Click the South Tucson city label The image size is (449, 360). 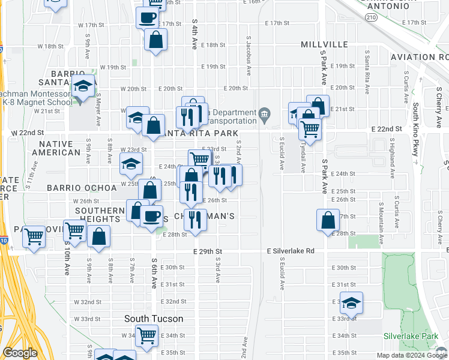tap(154, 319)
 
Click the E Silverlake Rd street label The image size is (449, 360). tap(291, 251)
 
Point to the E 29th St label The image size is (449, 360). tap(207, 251)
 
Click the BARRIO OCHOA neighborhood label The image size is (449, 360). tap(82, 188)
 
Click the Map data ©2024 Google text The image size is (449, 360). tap(411, 355)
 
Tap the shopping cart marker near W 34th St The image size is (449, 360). tap(146, 335)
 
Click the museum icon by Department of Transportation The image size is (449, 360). tap(264, 114)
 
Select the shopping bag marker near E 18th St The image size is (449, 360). tap(155, 40)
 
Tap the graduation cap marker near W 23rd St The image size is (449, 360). tap(131, 163)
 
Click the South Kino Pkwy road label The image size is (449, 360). tap(415, 129)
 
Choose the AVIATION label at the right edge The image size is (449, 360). tap(419, 57)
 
